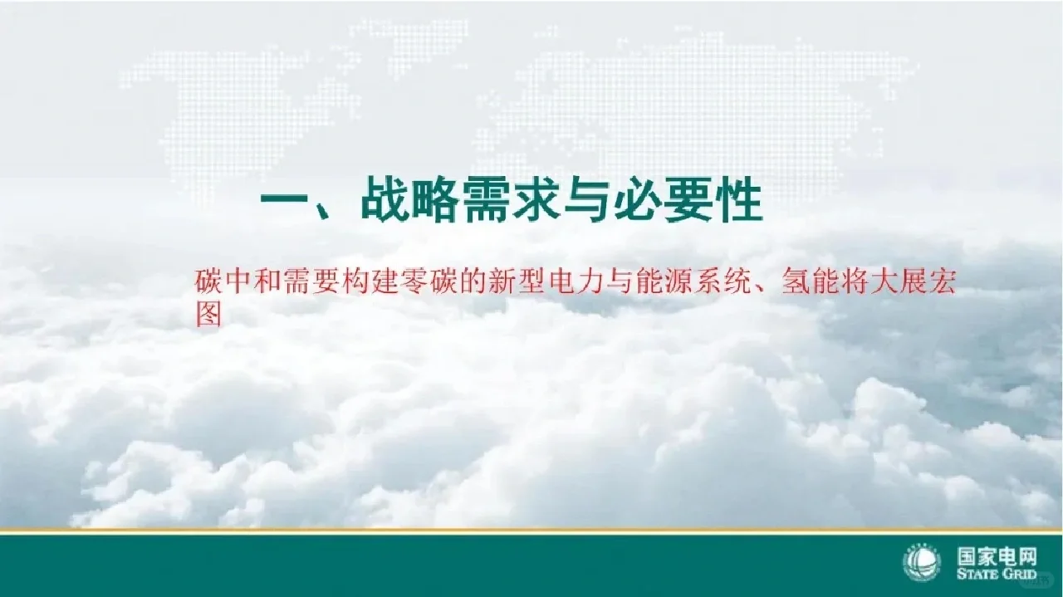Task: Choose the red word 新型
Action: pyautogui.click(x=519, y=283)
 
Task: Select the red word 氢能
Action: pyautogui.click(x=809, y=283)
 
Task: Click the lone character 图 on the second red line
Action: pyautogui.click(x=208, y=314)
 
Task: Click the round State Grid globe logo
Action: pyautogui.click(x=922, y=564)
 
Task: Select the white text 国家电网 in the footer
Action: pyautogui.click(x=997, y=556)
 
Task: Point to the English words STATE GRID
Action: pyautogui.click(x=997, y=575)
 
